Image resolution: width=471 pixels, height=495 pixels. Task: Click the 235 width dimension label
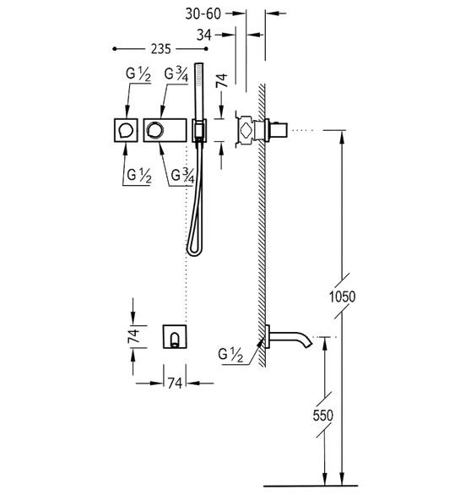point(160,49)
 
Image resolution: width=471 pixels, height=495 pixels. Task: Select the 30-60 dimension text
point(203,14)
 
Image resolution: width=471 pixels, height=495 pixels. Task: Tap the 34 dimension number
point(203,35)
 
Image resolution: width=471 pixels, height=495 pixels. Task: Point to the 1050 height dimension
point(342,296)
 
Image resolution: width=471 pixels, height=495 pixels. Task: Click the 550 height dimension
point(322,415)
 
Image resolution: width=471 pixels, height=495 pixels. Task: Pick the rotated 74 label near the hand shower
point(221,80)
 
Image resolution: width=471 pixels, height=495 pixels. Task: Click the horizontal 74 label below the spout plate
point(175,383)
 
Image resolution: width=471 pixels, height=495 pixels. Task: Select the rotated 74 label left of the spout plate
point(133,336)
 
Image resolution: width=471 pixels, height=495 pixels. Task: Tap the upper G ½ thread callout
point(138,74)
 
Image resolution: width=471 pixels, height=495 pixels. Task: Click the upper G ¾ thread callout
point(176,74)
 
